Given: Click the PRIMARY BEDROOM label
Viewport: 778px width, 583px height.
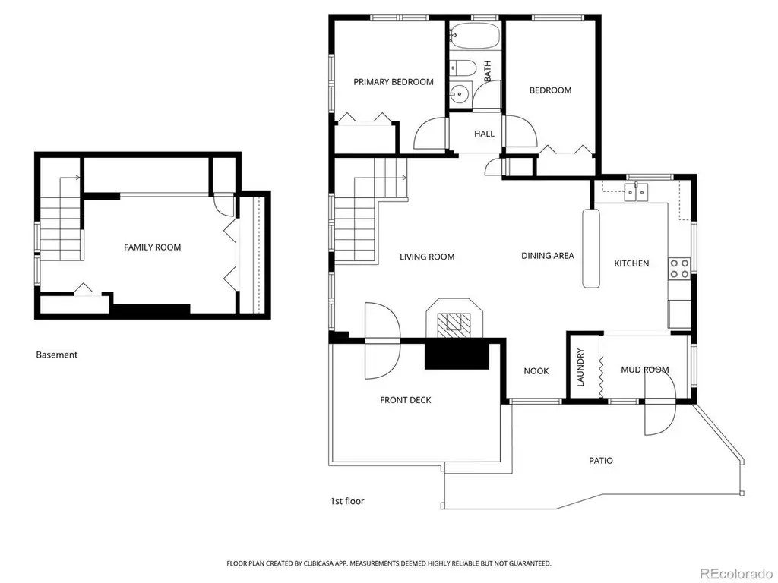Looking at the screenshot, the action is (394, 82).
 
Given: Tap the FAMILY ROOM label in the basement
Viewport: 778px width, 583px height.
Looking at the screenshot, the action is (152, 247).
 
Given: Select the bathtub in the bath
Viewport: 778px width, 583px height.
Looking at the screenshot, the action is (474, 36).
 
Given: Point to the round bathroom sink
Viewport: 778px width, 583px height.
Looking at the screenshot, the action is (460, 93).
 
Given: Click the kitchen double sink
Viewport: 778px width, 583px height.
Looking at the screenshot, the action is (636, 192).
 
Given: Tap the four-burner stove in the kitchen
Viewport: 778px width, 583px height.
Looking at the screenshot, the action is (679, 268).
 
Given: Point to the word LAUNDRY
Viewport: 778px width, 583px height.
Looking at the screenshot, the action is (580, 367).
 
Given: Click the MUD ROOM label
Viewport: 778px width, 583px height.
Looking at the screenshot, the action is (644, 370).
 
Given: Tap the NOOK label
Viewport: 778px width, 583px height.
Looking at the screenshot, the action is (536, 370).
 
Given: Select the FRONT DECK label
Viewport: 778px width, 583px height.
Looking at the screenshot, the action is (406, 400).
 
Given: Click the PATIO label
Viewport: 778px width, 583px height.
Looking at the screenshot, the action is (601, 461).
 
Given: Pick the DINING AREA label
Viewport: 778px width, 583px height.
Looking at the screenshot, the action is (548, 256).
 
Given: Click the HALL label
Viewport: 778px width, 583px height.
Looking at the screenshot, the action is (484, 134).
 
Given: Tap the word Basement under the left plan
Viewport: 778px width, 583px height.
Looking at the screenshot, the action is (56, 355).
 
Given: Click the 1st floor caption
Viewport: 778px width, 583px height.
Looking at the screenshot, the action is (347, 501).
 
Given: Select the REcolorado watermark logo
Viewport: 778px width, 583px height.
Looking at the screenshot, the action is (735, 574).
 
